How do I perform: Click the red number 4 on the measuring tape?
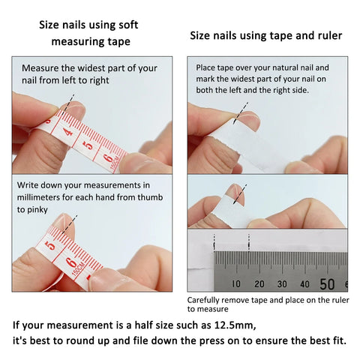[68, 132]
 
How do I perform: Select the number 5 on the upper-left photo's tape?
[89, 142]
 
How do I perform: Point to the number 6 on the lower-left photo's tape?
[70, 262]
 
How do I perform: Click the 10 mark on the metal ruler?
[236, 284]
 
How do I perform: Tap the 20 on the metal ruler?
[259, 284]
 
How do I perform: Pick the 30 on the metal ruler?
[282, 284]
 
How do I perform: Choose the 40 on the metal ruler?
[304, 284]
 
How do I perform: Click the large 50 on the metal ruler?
[328, 283]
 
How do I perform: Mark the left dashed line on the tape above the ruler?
[214, 241]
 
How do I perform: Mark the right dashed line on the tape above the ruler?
[248, 241]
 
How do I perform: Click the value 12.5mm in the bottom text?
[231, 325]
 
